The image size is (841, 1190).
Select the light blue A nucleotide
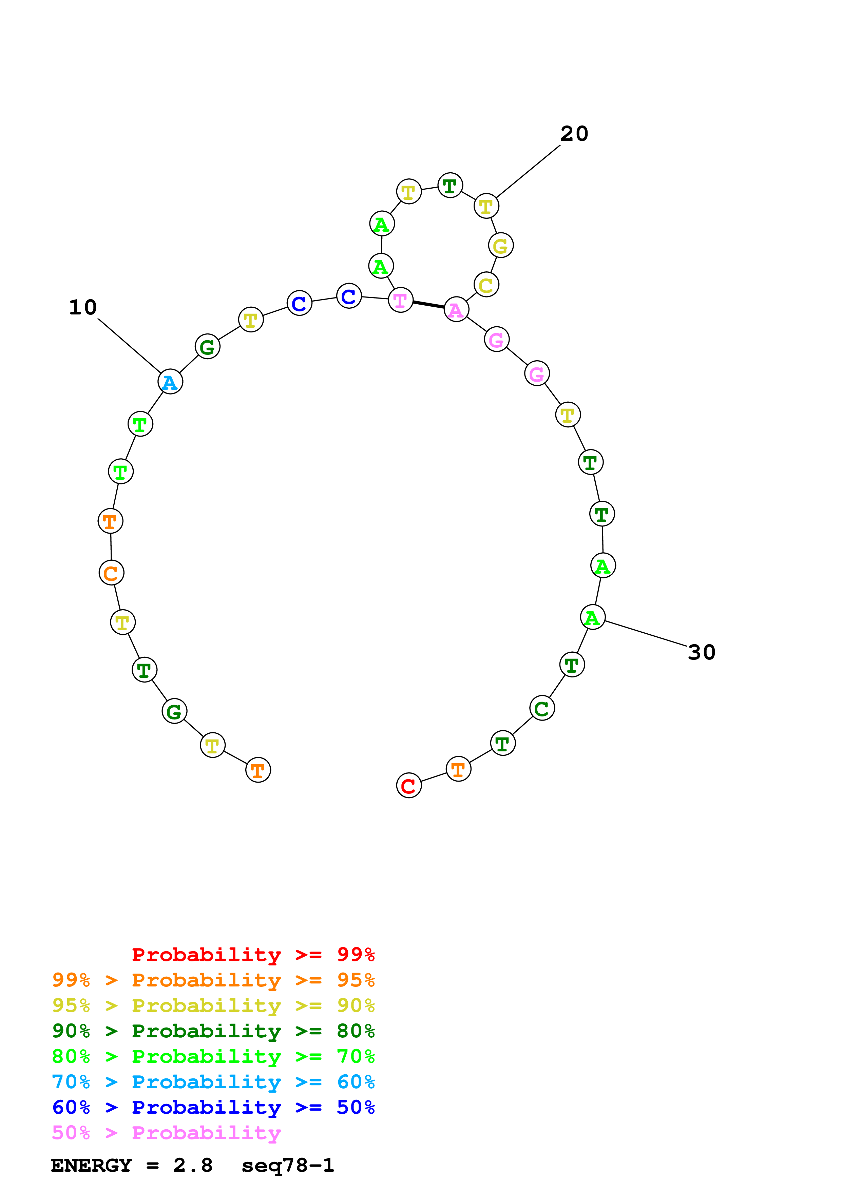coord(170,382)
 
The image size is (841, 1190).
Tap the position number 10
coord(83,307)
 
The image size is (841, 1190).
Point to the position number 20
coord(574,134)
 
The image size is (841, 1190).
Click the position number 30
coord(702,653)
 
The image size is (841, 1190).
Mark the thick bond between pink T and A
coord(428,305)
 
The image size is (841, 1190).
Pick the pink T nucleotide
coord(401,300)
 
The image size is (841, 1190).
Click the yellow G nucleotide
coord(500,246)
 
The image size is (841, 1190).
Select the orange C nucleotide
coord(111,573)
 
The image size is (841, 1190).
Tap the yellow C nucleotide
coord(486,285)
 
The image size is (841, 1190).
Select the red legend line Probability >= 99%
coord(253,955)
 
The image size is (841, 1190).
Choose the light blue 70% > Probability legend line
coord(213,1082)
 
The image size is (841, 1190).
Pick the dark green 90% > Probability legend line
coord(213,1031)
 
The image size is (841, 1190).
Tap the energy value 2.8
coord(193,1166)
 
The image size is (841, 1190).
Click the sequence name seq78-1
coord(288,1166)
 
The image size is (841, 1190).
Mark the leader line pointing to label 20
coord(528,171)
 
